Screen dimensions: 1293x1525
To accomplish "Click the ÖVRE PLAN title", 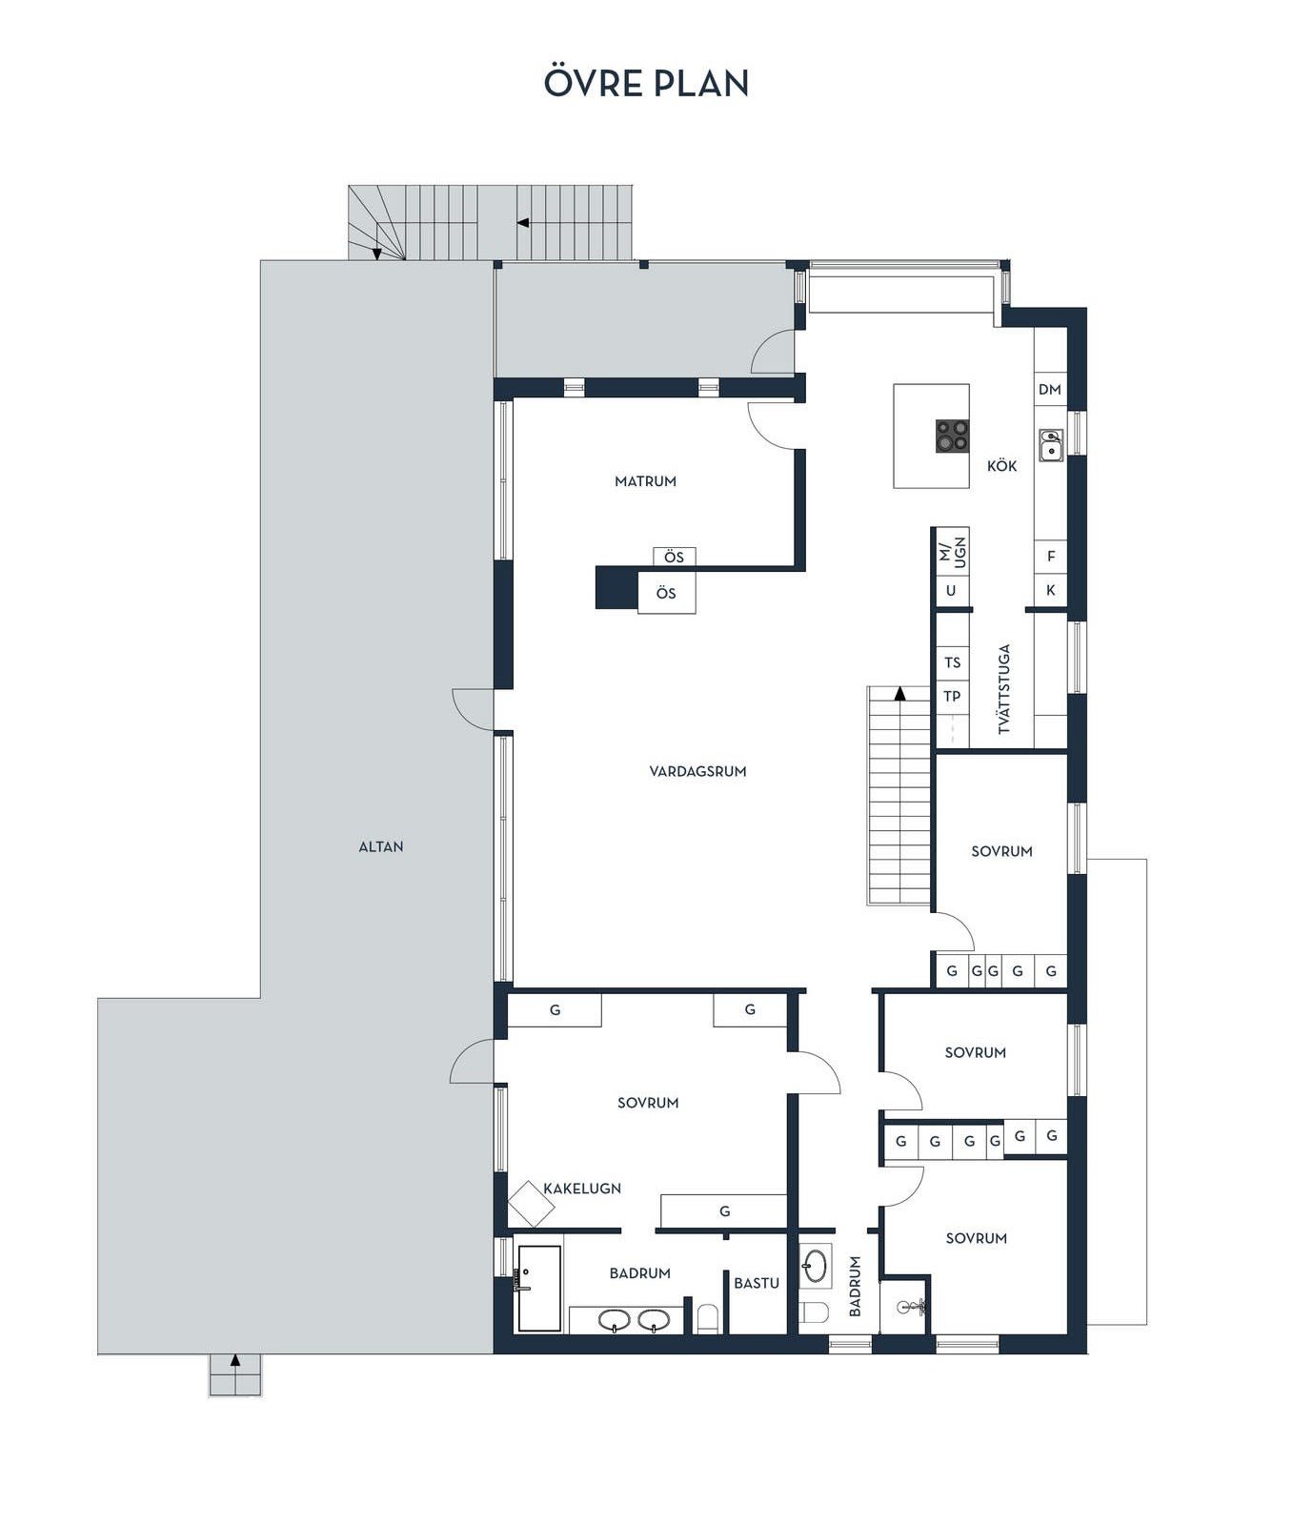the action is coord(646,83).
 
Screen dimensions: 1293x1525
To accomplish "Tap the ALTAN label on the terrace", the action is coord(381,846).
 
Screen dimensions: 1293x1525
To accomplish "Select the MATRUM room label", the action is coord(645,481).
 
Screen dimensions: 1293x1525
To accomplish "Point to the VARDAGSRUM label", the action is coord(698,771).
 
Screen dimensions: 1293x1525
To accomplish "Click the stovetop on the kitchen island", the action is coord(952,437).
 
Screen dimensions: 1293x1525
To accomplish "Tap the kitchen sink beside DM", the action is coord(1051,444).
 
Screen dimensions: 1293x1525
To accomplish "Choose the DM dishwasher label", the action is coord(1050,389).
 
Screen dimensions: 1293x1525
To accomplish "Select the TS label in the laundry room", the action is coord(953,662).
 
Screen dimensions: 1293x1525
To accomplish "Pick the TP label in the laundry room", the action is coord(953,697).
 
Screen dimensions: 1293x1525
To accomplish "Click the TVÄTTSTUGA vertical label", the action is coord(1003,689).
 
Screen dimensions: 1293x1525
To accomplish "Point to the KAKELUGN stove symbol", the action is coord(531,1205).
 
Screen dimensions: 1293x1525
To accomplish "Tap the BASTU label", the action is coord(757,1283).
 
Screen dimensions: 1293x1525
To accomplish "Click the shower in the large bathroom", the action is coord(539,1288).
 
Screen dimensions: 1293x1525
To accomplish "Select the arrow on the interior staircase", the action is coord(900,693).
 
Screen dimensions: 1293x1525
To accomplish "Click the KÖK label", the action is coord(1001,466).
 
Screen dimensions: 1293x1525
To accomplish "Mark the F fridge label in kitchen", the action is coord(1051,556).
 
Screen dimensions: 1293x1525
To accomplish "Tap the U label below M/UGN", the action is coord(951,591).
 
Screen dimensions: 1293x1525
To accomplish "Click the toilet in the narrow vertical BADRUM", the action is coord(815,1313).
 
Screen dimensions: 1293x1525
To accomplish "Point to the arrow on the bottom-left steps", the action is coord(235,1360).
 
